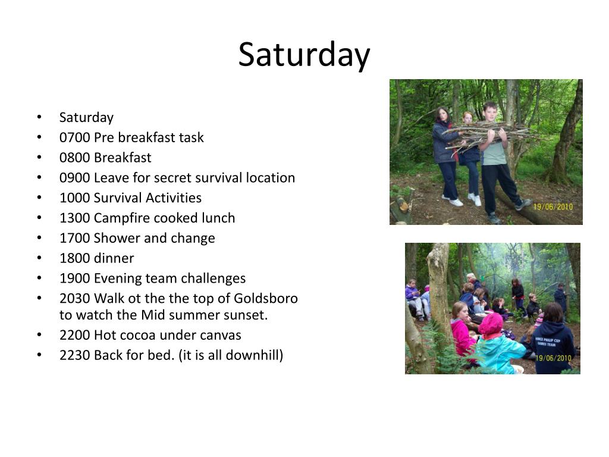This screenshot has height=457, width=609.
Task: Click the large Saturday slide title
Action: pyautogui.click(x=304, y=55)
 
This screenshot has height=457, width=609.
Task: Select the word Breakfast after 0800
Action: pyautogui.click(x=123, y=158)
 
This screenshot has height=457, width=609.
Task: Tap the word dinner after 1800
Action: pyautogui.click(x=114, y=258)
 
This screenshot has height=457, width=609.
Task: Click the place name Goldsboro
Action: pyautogui.click(x=266, y=299)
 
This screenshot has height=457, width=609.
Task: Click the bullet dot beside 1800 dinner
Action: pyautogui.click(x=39, y=258)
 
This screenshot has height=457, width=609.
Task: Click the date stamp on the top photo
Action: pyautogui.click(x=553, y=206)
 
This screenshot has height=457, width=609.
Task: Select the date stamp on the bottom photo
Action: pyautogui.click(x=554, y=358)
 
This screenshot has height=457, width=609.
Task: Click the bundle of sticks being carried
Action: pyautogui.click(x=490, y=134)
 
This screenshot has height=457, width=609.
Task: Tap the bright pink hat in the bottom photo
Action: pyautogui.click(x=491, y=324)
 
